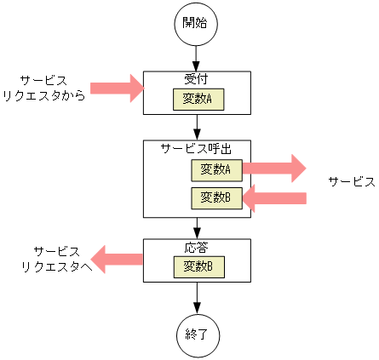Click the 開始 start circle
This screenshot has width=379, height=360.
(197, 24)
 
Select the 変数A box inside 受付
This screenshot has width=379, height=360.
(198, 100)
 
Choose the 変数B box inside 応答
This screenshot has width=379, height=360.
(198, 266)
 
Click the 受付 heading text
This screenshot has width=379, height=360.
(197, 79)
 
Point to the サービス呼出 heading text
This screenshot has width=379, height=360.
(197, 147)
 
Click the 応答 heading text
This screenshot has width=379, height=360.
(197, 248)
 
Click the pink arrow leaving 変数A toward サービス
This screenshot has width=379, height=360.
(273, 169)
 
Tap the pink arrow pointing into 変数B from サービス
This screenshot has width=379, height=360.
(274, 198)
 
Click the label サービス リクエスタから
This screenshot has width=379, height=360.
(44, 88)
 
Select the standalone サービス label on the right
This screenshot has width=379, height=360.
(352, 181)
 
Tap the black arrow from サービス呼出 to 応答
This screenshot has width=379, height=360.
(197, 228)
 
